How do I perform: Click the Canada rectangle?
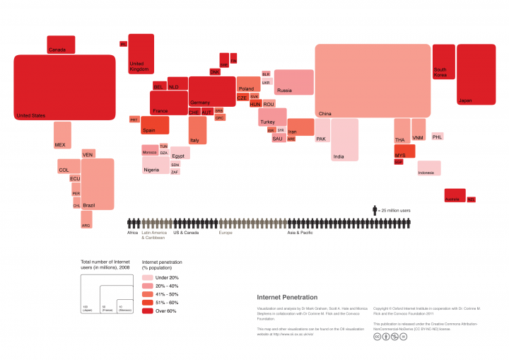pyautogui.click(x=61, y=45)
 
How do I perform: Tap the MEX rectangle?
pyautogui.click(x=62, y=135)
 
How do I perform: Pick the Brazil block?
pyautogui.click(x=98, y=184)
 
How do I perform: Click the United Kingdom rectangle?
pyautogui.click(x=141, y=53)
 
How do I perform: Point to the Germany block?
pyautogui.click(x=211, y=91)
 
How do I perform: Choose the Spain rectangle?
pyautogui.click(x=155, y=125)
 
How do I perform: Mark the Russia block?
pyautogui.click(x=293, y=82)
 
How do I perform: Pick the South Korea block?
pyautogui.click(x=443, y=62)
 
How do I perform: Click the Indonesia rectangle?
pyautogui.click(x=428, y=168)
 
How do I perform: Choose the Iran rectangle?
pyautogui.click(x=300, y=127)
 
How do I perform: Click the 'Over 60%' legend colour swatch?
pyautogui.click(x=147, y=310)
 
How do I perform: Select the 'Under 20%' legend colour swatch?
pyautogui.click(x=147, y=278)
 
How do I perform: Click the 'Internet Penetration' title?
pyautogui.click(x=286, y=297)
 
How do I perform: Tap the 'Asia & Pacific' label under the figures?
pyautogui.click(x=300, y=233)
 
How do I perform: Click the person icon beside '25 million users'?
pyautogui.click(x=375, y=210)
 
